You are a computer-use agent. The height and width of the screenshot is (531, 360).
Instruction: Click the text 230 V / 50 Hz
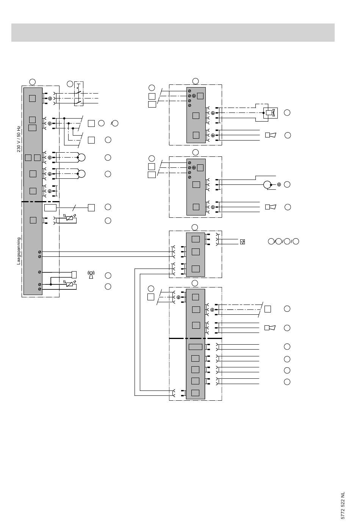tap(19, 139)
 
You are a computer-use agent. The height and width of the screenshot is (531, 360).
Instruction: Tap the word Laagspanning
tap(19, 251)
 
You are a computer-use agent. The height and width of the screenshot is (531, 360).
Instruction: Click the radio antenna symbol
tap(91, 275)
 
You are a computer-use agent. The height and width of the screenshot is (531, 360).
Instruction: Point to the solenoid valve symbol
tap(270, 112)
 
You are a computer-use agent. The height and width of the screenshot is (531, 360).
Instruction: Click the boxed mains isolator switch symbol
tap(79, 94)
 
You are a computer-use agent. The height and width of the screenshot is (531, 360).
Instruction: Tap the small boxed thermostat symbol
tap(243, 242)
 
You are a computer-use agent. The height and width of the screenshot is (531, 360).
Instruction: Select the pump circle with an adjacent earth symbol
tap(267, 184)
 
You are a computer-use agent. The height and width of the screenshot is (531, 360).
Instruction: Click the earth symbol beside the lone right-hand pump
tap(279, 184)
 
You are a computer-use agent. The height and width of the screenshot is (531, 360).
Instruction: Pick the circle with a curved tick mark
tap(115, 123)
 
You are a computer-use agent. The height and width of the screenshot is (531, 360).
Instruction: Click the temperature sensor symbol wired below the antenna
tap(69, 284)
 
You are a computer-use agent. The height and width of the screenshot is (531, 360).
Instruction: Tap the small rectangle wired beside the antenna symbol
tap(74, 275)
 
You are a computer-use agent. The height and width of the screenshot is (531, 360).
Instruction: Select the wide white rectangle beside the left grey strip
tap(50, 208)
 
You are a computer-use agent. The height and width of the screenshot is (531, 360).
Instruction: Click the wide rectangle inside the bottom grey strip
tap(196, 347)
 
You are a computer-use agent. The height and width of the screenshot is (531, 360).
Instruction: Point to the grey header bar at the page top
tap(173, 33)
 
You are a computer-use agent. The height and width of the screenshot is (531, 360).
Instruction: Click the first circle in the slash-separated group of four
tap(271, 241)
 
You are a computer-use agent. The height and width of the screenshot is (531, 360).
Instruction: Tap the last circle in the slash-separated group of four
tap(296, 241)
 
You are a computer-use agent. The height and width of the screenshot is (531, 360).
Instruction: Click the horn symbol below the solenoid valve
tap(271, 135)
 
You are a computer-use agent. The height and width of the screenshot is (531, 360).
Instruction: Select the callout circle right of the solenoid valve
tap(287, 112)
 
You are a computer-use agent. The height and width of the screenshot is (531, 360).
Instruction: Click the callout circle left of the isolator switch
tap(70, 84)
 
